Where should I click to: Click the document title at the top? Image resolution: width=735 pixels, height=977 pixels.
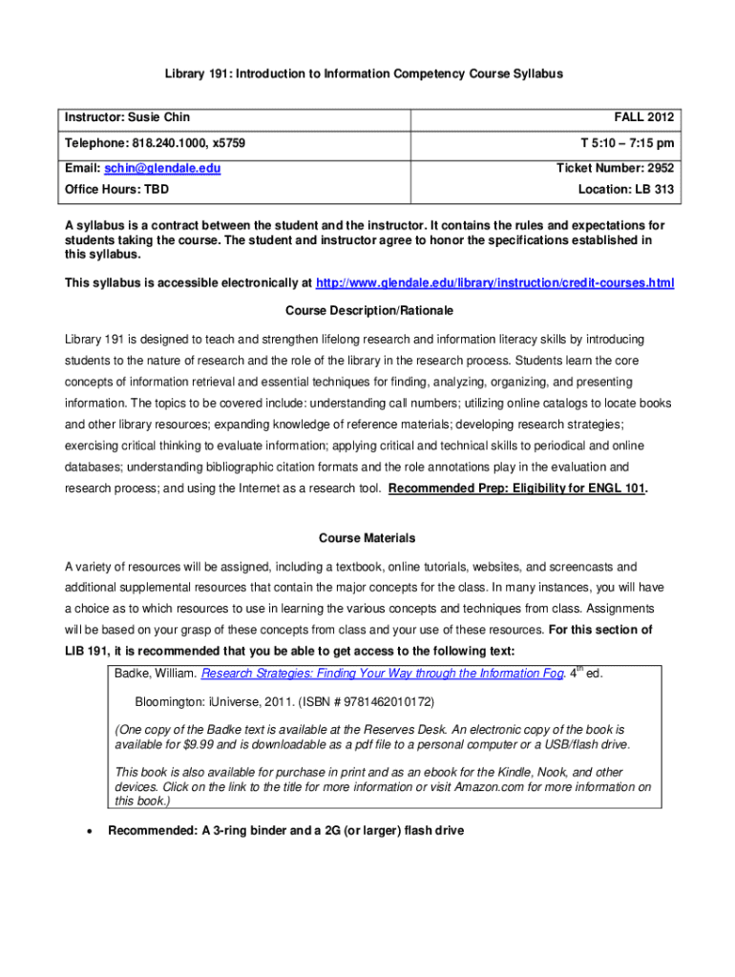point(367,73)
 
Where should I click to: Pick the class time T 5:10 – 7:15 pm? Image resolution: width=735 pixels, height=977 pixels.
point(627,142)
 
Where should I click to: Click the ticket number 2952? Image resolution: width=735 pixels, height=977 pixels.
point(658,168)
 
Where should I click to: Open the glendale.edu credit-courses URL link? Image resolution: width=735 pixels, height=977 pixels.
point(494,283)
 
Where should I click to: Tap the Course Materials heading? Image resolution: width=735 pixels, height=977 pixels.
point(367,538)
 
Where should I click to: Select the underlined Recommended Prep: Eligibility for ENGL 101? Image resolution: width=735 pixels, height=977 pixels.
point(517,488)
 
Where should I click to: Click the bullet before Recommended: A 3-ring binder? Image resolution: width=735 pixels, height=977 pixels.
point(89,831)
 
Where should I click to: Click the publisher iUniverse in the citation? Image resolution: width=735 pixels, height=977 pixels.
point(242,701)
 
